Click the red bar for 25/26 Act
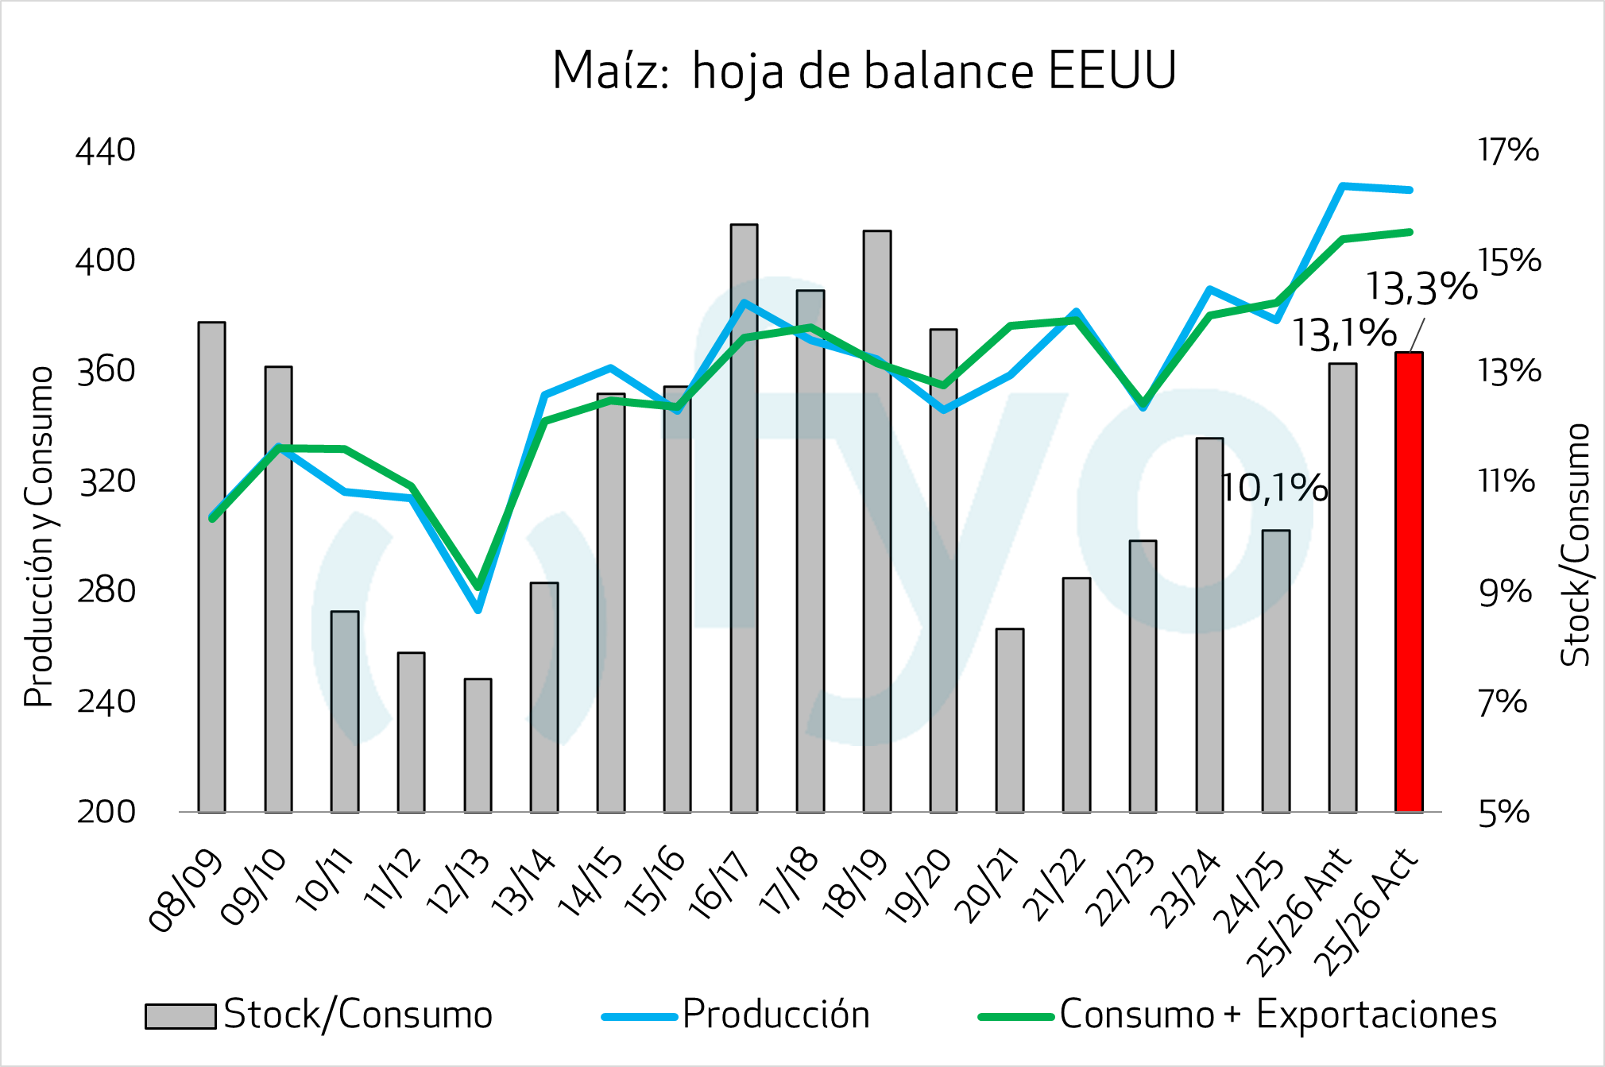[1409, 582]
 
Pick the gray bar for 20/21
[1009, 720]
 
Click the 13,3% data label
[1421, 287]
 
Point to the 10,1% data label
[1274, 488]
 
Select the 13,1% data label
[1344, 333]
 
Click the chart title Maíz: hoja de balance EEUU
[864, 72]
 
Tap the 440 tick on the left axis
[106, 151]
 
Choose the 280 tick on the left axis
[106, 591]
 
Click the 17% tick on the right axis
[1508, 151]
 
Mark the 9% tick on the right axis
[1505, 591]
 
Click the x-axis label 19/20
[919, 888]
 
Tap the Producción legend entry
[775, 1015]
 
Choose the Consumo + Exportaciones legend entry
[1278, 1015]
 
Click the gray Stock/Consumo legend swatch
[180, 1016]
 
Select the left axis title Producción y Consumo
[39, 536]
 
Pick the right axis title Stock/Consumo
[1576, 544]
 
